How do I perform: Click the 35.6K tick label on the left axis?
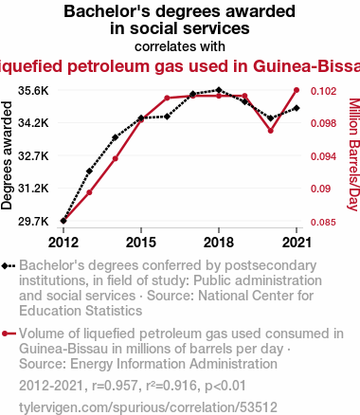point(33,91)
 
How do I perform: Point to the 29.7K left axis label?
point(33,222)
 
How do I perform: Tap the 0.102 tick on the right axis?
point(324,91)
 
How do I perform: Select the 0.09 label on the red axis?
point(321,189)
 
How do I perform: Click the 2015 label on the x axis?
point(141,243)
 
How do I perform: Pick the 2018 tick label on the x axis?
point(219,243)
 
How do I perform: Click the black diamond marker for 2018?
point(219,90)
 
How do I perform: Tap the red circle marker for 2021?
point(297,90)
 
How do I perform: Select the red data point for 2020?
point(271,131)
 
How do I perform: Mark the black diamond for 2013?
point(89,171)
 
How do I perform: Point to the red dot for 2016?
point(167,98)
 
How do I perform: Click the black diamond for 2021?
point(297,108)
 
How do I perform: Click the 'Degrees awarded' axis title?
point(7,155)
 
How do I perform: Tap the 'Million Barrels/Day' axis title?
point(354,154)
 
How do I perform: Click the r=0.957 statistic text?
point(116,386)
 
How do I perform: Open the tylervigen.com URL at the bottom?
point(148,407)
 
